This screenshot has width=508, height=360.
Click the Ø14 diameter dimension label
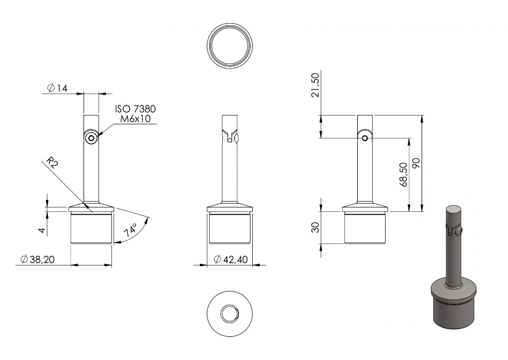pos(57,88)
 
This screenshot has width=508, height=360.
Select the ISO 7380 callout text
pos(135,108)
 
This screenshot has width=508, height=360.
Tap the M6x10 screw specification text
pos(135,119)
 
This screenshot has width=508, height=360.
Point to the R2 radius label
pos(52,162)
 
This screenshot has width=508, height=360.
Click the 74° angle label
pos(130,230)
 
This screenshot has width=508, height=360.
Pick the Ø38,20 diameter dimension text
pos(37,259)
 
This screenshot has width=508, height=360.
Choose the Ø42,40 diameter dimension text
pos(231,259)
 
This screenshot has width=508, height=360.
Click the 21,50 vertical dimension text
pos(315,85)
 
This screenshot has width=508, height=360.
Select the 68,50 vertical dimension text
pos(404,175)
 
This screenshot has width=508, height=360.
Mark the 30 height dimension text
pos(315,227)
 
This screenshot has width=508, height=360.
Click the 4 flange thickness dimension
pos(41,230)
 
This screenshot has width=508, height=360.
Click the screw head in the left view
pos(91,139)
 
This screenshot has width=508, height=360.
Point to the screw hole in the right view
pos(365,138)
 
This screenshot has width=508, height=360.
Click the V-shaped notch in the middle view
pos(230,136)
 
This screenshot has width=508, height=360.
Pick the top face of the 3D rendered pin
pos(454,209)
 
